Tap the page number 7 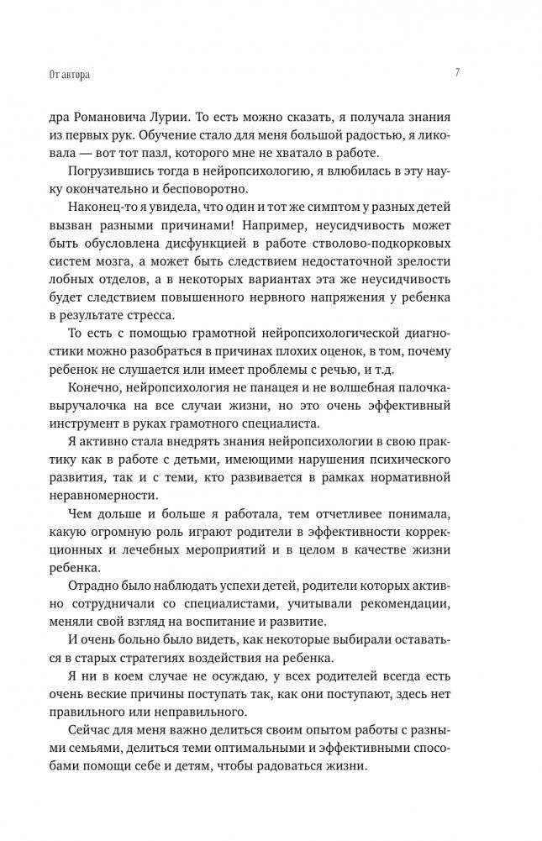coord(456,73)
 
